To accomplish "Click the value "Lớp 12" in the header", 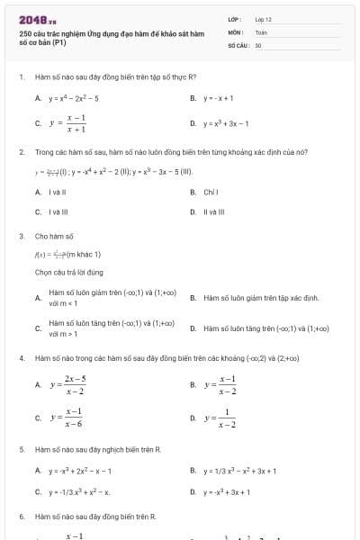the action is coord(263,19).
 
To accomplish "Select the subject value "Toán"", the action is coord(261,31).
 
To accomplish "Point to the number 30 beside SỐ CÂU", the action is coord(258,44).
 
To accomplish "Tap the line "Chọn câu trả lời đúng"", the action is coord(68,271).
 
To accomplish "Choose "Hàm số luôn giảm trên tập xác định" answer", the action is coord(261,297).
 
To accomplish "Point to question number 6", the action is coord(22,517).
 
